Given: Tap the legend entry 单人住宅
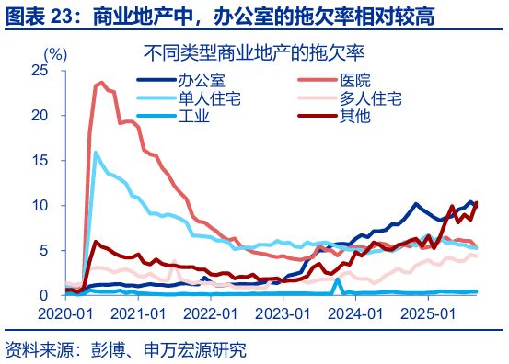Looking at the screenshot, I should [x=210, y=97].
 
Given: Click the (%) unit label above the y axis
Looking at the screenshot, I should [x=56, y=52].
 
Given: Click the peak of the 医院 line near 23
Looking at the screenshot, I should [x=98, y=84].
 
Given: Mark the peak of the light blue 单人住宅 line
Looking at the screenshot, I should [x=95, y=153].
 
